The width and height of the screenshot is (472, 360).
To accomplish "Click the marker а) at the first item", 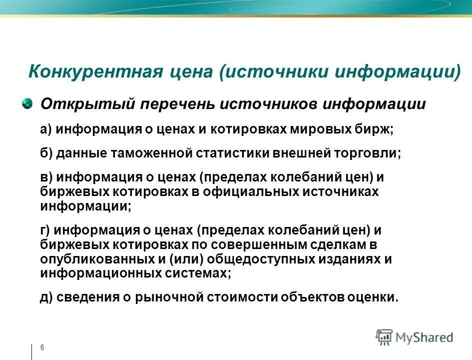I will tap(46, 129).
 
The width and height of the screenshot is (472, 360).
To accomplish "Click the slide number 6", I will tap(42, 347).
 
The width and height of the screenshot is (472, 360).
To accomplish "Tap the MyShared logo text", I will tap(424, 337).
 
